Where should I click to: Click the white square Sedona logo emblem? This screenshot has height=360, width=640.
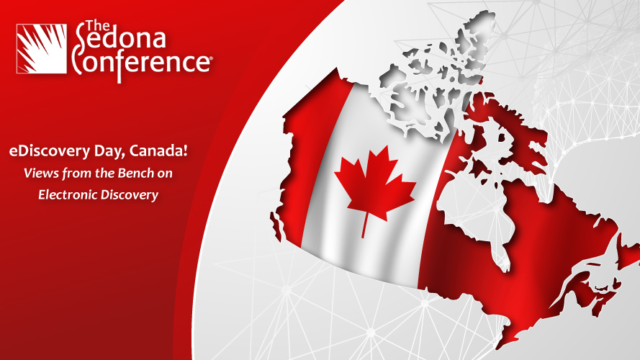(x=41, y=48)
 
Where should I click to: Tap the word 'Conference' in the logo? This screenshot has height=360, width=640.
(x=141, y=63)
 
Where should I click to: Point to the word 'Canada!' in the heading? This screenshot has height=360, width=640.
(x=158, y=150)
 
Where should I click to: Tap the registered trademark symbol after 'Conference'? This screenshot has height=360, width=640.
(x=211, y=58)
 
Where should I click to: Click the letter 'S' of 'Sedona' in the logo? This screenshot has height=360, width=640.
(x=81, y=44)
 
